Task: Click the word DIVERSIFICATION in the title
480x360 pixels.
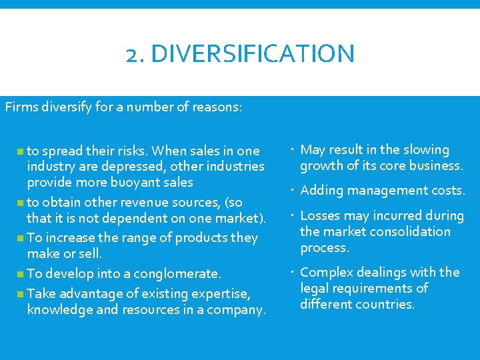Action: point(253,53)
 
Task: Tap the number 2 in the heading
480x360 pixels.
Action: point(131,54)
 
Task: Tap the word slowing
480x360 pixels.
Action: point(425,150)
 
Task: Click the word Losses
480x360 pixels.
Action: point(320,215)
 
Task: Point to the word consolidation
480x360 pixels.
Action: point(407,231)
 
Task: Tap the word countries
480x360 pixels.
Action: point(389,304)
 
